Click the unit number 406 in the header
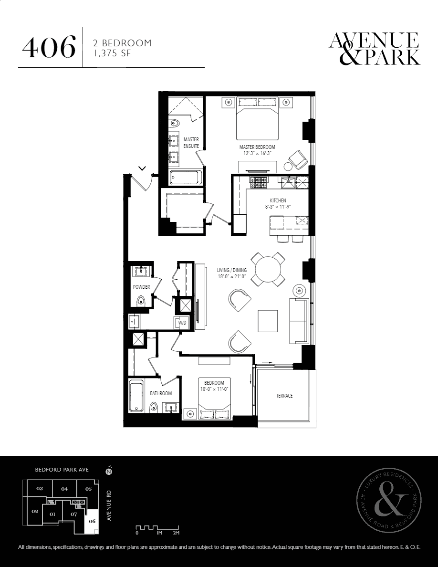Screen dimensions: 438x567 (49, 47)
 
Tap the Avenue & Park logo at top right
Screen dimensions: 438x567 (375, 49)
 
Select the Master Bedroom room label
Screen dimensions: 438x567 (257, 147)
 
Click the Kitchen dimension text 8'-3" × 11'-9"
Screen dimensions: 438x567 (278, 207)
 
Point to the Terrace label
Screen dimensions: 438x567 (284, 396)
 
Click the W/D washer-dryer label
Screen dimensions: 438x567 (182, 322)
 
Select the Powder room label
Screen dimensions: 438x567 (141, 287)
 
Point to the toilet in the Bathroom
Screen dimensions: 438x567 (153, 407)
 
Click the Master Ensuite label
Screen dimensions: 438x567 (191, 143)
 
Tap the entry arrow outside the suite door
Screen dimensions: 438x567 (142, 168)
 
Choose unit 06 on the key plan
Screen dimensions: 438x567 (92, 521)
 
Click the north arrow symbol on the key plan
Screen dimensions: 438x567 (109, 471)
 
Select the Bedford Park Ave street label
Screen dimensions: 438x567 (62, 470)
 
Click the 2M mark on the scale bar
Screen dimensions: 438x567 (177, 533)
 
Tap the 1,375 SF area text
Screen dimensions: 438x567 (112, 53)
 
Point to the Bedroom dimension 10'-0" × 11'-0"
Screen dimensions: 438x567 (214, 389)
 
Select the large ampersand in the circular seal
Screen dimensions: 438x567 (389, 502)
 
